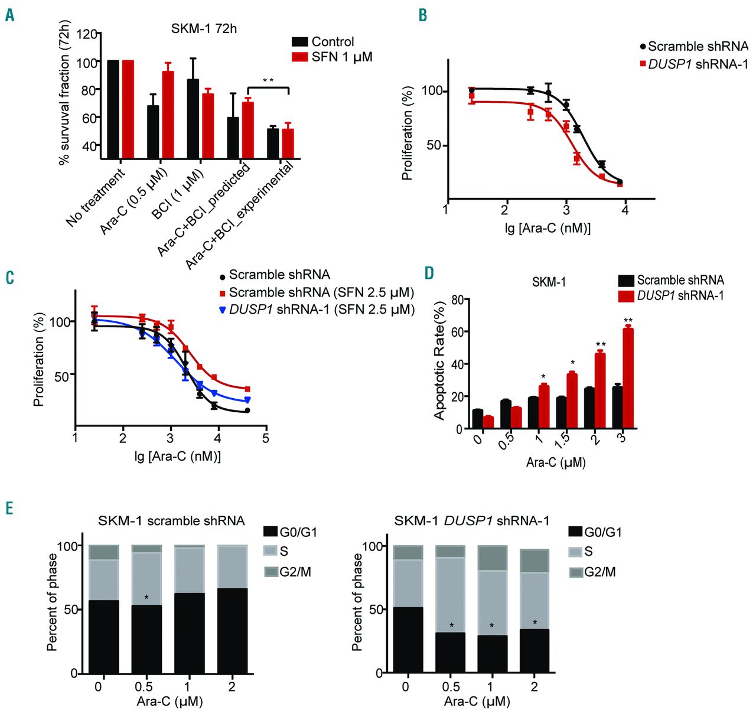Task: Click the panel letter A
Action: (x=9, y=15)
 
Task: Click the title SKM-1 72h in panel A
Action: (x=204, y=28)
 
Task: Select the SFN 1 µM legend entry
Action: (x=333, y=57)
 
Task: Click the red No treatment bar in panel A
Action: (x=128, y=109)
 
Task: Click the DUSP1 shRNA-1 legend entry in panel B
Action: (x=694, y=64)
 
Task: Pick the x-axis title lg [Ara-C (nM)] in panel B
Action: (x=548, y=228)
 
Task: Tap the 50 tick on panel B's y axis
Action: (x=434, y=145)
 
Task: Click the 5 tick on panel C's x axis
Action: (x=266, y=438)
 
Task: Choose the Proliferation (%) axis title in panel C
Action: (x=39, y=359)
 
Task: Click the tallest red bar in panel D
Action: (x=628, y=378)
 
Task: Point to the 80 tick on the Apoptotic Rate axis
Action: (x=458, y=300)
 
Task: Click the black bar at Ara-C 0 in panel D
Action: (x=477, y=418)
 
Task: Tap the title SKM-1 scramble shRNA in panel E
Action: (x=171, y=520)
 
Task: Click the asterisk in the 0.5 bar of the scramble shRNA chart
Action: (x=146, y=597)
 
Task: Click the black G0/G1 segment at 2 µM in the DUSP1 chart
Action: (x=535, y=651)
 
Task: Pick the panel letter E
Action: (x=9, y=508)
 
